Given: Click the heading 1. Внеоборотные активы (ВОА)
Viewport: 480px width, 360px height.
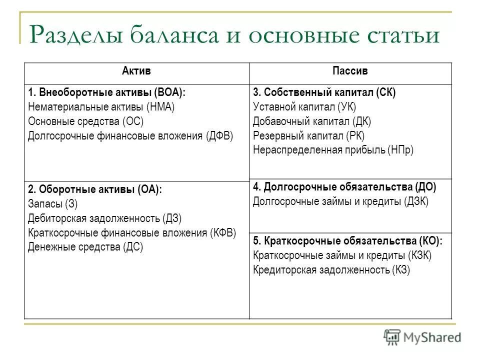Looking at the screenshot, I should (x=106, y=92).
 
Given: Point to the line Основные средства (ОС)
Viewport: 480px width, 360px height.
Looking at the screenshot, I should (x=88, y=121).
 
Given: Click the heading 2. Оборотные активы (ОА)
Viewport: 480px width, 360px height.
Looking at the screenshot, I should (x=95, y=189).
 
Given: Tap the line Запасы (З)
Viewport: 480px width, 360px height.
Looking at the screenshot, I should (x=53, y=204).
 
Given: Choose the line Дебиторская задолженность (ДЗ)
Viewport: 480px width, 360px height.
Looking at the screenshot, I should (x=105, y=218).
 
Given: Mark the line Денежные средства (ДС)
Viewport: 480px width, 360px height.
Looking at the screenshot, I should (x=85, y=247).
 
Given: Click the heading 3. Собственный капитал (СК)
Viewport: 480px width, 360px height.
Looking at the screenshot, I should (x=324, y=92).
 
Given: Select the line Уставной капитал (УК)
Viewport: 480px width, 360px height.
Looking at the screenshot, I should (x=304, y=107).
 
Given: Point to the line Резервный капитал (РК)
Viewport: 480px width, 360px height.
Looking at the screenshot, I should (x=308, y=136).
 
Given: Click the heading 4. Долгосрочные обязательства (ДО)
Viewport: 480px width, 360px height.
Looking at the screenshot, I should (x=344, y=187).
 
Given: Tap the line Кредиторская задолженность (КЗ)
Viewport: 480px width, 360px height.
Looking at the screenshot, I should (x=331, y=270).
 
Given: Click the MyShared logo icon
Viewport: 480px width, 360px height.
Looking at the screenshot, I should (x=392, y=336).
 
